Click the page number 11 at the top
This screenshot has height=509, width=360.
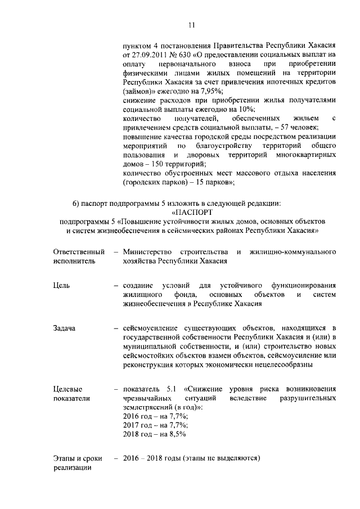coord(191,25)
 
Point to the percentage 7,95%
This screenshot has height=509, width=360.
coord(211,91)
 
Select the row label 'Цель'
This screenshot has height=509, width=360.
coord(62,286)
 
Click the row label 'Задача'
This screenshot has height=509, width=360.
coord(64,328)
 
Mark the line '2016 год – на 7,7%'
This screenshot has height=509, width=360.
coord(155,416)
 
